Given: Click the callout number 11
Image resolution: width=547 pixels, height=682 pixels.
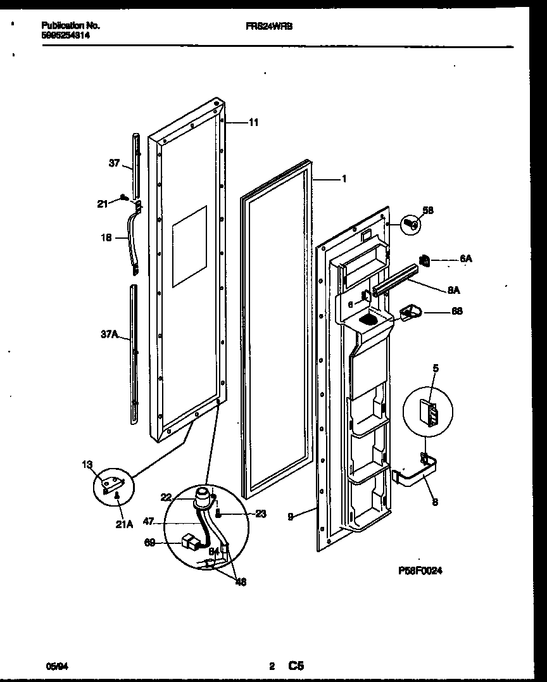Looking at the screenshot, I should point(253,123).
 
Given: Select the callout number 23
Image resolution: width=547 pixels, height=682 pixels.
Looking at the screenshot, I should point(260,515).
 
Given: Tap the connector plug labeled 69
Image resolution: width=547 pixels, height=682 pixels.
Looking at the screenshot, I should point(189,541).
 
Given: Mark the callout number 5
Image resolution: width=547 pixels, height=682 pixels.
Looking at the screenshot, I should point(435,367).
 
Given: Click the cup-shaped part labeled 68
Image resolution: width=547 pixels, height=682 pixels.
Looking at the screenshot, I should point(411,310).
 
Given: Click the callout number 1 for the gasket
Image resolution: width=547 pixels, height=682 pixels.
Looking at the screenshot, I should point(343,179).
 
